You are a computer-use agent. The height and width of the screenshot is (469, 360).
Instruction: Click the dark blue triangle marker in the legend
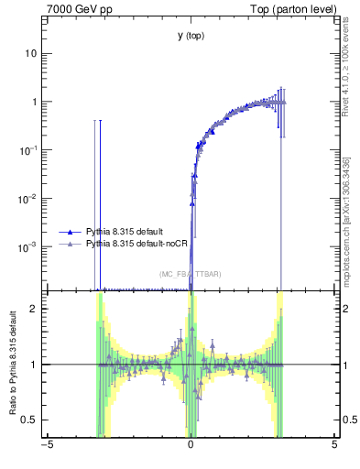(x=70, y=233)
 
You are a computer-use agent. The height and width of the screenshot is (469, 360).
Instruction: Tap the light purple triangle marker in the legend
(x=70, y=245)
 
